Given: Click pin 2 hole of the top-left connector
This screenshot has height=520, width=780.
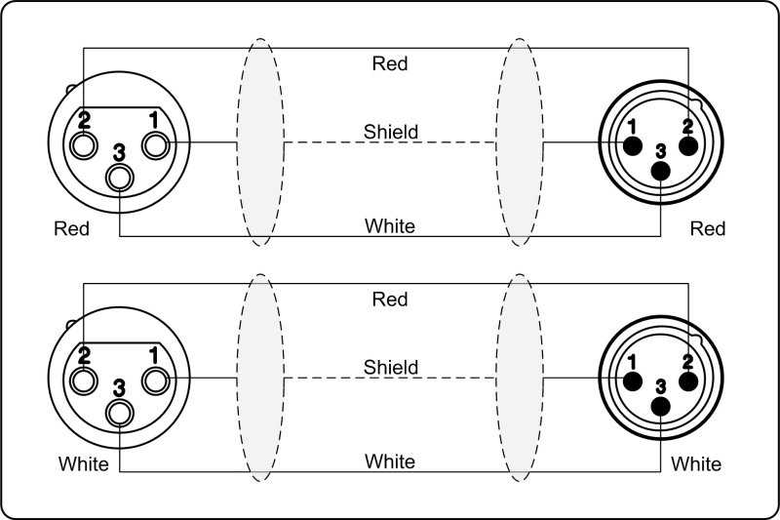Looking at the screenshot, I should [83, 146].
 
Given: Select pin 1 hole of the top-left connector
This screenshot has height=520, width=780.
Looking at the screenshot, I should [156, 146].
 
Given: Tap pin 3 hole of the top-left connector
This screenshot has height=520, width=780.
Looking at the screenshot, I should [120, 178].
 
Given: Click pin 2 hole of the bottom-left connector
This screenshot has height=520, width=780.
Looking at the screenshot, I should [83, 380].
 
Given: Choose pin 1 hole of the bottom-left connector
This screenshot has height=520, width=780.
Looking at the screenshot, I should [156, 380].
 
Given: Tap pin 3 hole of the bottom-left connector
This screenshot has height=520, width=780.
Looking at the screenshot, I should [120, 412].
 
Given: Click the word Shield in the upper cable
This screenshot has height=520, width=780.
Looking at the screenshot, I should [390, 131].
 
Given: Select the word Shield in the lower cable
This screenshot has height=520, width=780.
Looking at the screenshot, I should [390, 367].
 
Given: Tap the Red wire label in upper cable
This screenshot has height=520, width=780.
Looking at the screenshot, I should [390, 63].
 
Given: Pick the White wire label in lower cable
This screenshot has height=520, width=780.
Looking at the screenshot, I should [390, 461].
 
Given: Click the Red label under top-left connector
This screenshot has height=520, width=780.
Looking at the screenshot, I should [72, 229].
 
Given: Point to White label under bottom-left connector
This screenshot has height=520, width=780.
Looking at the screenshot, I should [83, 464].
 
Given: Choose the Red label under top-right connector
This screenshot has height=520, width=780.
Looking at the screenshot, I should [708, 228].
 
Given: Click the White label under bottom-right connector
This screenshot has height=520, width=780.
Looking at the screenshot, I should [696, 463].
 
